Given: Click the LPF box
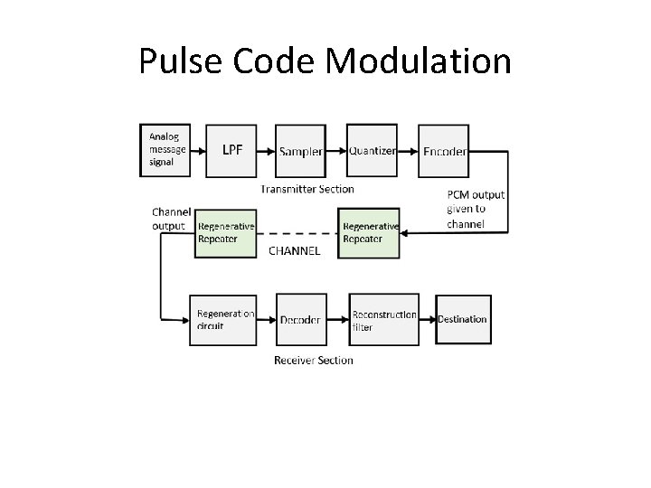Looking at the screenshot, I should coord(232,149).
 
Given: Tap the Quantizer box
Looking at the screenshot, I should coord(372,149).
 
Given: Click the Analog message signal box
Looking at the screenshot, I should coord(167,149).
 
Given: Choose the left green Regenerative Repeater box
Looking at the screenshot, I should coord(226,233).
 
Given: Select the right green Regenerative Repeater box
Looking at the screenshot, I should coord(370,233).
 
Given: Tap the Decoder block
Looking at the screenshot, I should coord(300,319).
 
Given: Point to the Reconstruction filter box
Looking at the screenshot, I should coord(384,319).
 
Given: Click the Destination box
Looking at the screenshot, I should coord(463,319).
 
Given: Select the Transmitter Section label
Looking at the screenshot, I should coord(307,189).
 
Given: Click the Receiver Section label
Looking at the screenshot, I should coord(314,360).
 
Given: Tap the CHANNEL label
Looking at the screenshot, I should coord(294,251).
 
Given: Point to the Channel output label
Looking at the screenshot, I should coord(171,219).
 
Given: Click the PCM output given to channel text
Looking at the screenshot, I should coord(476,209).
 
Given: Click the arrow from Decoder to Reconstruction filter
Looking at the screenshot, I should coord(337,318).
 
